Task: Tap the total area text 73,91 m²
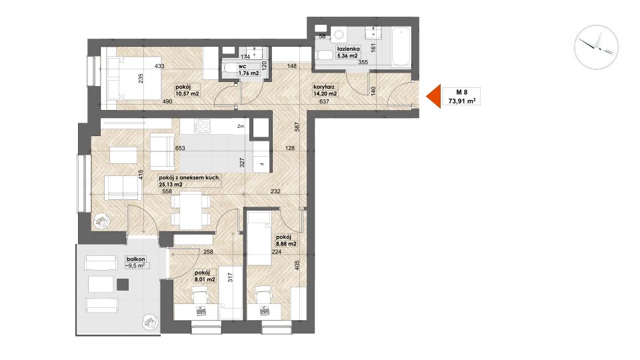(461, 101)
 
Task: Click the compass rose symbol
(596, 47)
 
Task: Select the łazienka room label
(348, 49)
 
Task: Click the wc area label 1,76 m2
(249, 73)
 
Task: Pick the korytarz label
(324, 87)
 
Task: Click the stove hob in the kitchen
(202, 126)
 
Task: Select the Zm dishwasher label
(241, 127)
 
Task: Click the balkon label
(135, 259)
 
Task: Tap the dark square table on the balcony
(123, 284)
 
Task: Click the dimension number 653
(180, 148)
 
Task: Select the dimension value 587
(297, 127)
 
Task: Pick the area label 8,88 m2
(286, 244)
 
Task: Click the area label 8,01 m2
(205, 279)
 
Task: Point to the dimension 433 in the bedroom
(159, 66)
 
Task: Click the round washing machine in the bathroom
(338, 35)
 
